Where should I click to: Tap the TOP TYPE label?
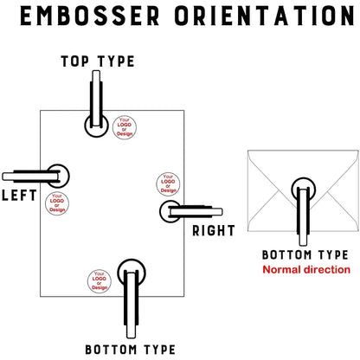[x=97, y=61]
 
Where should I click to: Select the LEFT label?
[x=19, y=195]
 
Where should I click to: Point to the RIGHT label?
[x=214, y=230]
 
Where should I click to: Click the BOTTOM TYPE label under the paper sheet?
[x=130, y=350]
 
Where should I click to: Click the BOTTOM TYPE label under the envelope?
[x=305, y=255]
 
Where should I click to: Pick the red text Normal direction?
[x=305, y=270]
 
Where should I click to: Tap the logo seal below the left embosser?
[x=56, y=204]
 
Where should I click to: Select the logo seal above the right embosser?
[x=168, y=184]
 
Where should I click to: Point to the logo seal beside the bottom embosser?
[x=100, y=280]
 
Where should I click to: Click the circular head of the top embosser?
[x=96, y=125]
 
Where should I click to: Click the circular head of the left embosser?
[x=57, y=176]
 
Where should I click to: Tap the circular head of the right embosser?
[x=170, y=210]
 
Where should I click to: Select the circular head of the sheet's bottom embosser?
[x=132, y=270]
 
